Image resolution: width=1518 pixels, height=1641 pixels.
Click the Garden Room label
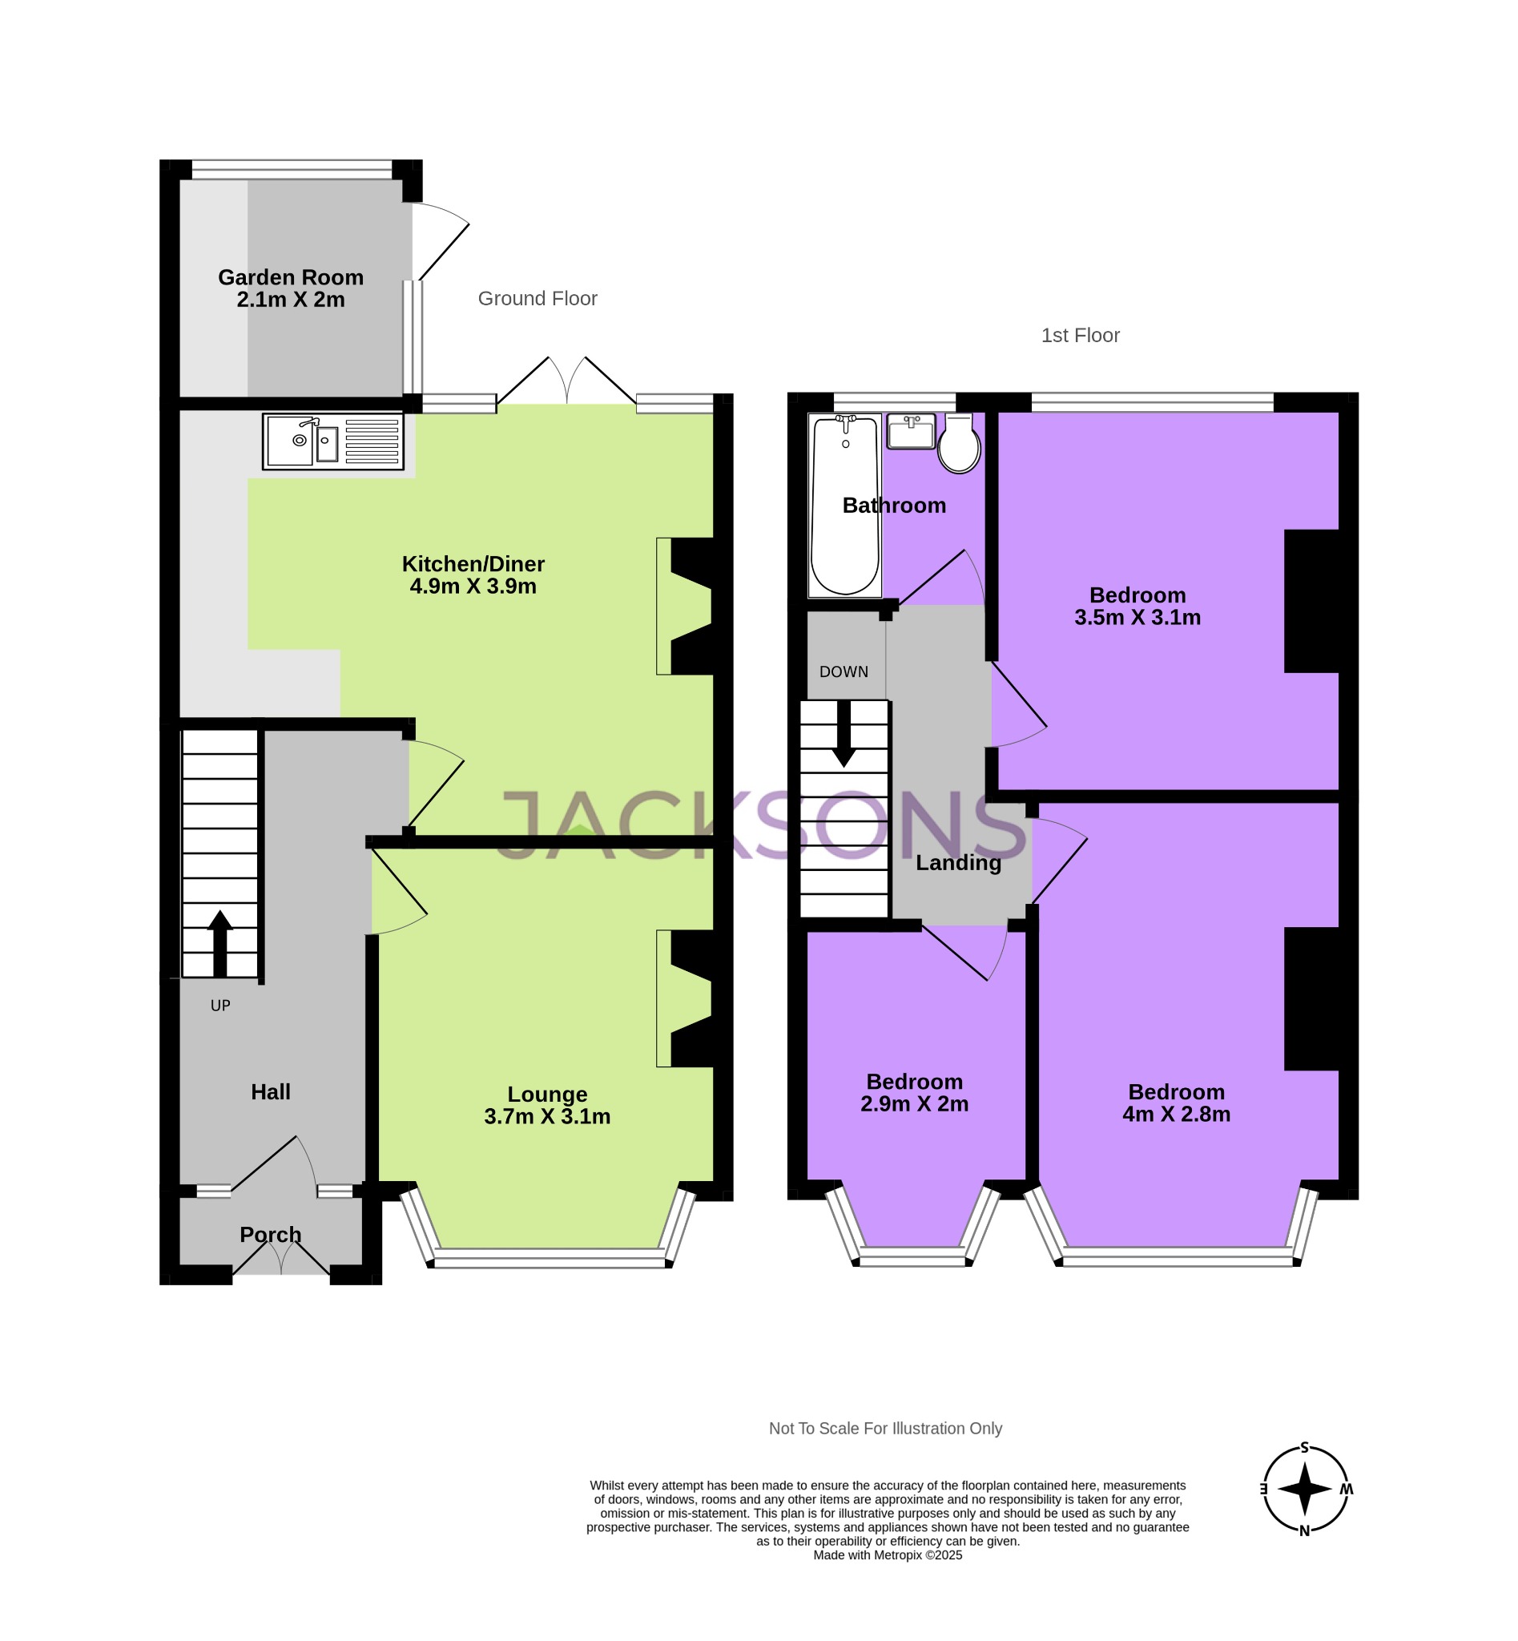(291, 288)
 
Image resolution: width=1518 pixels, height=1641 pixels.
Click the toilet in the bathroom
(959, 446)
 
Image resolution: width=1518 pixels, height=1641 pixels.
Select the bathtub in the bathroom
(844, 506)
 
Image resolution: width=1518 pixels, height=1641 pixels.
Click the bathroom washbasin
(911, 431)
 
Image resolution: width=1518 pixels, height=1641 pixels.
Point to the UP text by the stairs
(220, 1006)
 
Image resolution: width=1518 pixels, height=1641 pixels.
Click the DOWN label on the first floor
(844, 671)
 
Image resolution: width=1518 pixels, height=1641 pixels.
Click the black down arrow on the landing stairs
(844, 734)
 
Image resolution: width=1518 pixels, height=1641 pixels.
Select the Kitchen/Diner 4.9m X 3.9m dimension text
(473, 586)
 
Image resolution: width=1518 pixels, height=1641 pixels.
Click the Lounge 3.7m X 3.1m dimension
(547, 1116)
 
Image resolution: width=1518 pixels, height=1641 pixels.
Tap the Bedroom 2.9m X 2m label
(914, 1092)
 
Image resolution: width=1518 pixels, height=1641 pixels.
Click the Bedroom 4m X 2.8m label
(1176, 1103)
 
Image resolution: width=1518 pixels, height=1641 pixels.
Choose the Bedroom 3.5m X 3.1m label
(1137, 606)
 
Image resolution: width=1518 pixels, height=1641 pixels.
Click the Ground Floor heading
(538, 298)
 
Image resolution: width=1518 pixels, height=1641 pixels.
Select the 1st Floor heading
(1080, 335)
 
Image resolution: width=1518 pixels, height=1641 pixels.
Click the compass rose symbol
(1304, 1489)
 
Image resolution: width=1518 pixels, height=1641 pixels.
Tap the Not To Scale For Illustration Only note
(885, 1428)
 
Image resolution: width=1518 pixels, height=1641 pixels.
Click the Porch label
(270, 1234)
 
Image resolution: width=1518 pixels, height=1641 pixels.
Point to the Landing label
(959, 862)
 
